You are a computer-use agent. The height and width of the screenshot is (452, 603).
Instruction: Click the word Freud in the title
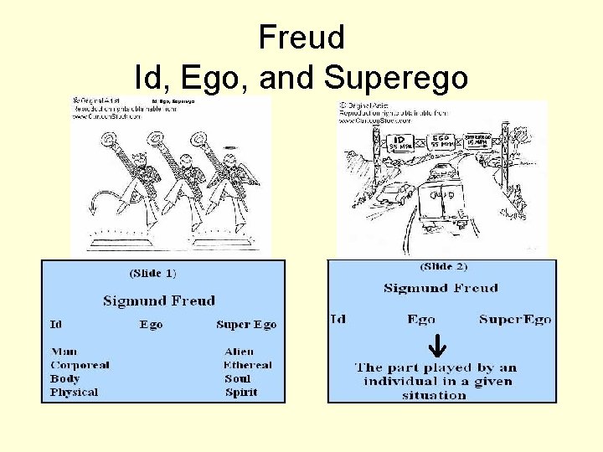pyautogui.click(x=301, y=38)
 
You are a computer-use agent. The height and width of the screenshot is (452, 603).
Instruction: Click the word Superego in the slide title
pyautogui.click(x=395, y=78)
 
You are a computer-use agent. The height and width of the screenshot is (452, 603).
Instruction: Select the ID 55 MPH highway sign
pyautogui.click(x=400, y=141)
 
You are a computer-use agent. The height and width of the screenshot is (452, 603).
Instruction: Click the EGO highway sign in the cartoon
pyautogui.click(x=441, y=140)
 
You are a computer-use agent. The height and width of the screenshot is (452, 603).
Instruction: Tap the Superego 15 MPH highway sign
pyautogui.click(x=478, y=137)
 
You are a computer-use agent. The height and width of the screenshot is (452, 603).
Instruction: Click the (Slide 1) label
pyautogui.click(x=153, y=273)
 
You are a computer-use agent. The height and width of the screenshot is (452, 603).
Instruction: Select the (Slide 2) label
pyautogui.click(x=443, y=267)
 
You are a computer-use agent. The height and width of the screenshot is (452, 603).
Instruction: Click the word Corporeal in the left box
pyautogui.click(x=80, y=365)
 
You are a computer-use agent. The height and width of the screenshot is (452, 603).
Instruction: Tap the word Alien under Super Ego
pyautogui.click(x=239, y=352)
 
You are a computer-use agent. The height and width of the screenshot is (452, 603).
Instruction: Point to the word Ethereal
pyautogui.click(x=248, y=365)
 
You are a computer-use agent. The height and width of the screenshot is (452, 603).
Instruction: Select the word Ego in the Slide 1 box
pyautogui.click(x=152, y=325)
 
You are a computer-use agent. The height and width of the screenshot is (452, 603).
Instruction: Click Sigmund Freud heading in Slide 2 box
pyautogui.click(x=441, y=288)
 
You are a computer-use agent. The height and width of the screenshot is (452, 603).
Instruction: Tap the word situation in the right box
pyautogui.click(x=434, y=395)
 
